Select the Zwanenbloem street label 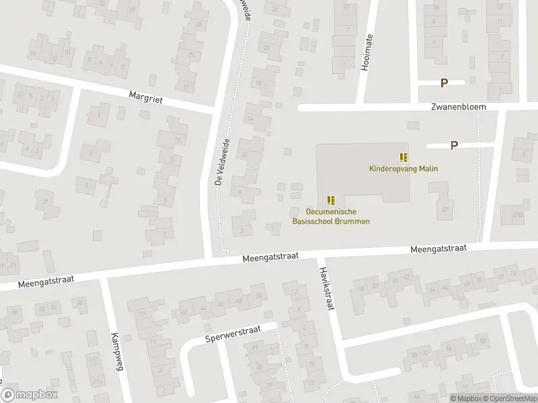(459, 107)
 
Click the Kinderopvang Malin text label (403, 169)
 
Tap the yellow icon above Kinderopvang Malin (403, 157)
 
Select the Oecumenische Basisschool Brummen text (330, 216)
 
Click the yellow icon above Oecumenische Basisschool (330, 199)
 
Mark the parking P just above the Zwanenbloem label (444, 83)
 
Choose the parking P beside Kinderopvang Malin (454, 145)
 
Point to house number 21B (517, 215)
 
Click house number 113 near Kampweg (97, 382)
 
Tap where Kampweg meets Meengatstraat (104, 277)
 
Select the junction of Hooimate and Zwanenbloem (362, 107)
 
